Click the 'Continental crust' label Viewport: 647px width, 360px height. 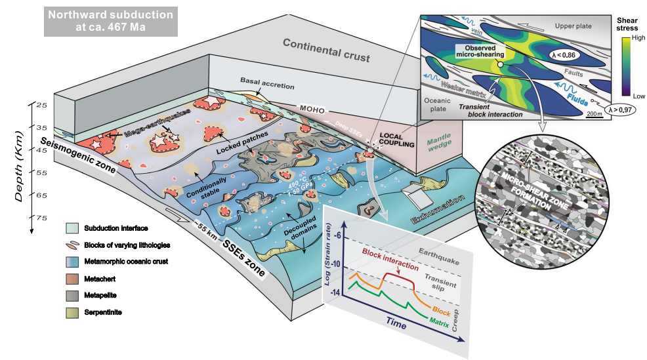click(326, 51)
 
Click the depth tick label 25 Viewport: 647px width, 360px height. click(41, 105)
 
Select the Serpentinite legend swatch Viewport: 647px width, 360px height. click(72, 311)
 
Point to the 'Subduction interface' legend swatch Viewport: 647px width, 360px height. click(72, 228)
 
